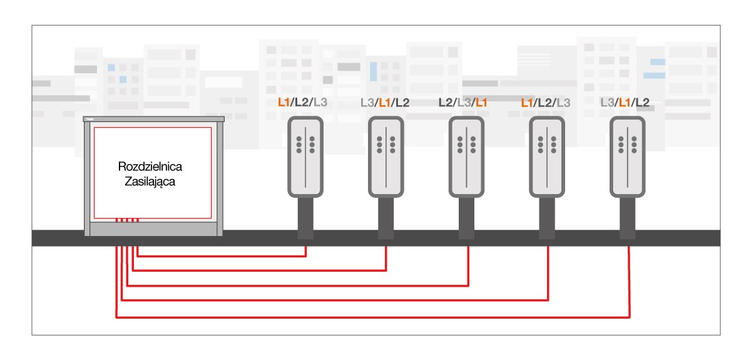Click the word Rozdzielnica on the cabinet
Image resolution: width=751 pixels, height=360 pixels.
[x=153, y=167]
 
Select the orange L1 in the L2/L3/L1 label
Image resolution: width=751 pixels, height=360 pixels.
[x=482, y=103]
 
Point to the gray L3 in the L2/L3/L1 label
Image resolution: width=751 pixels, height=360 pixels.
[x=464, y=103]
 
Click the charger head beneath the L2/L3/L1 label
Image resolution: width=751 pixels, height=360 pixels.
[x=466, y=158]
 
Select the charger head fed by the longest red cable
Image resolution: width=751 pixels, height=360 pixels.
[x=628, y=158]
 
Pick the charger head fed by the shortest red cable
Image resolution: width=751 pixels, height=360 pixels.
[x=305, y=158]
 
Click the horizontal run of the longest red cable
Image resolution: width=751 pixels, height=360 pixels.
[x=375, y=317]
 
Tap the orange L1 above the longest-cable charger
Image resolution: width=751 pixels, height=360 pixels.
[x=624, y=103]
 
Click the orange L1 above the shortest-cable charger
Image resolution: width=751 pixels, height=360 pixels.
[x=285, y=103]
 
